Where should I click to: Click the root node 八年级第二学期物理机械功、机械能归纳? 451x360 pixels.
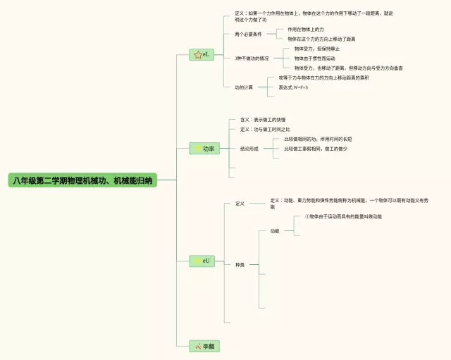point(82,180)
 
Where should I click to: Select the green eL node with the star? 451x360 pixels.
point(202,54)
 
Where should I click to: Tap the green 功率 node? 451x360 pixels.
point(205,149)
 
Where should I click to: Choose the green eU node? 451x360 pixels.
point(202,261)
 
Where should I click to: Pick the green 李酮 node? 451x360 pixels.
point(204,346)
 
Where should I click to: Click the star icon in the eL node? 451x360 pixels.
point(197,54)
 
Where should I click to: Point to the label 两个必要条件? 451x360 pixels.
point(248,34)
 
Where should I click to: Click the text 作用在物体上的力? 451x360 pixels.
point(305,30)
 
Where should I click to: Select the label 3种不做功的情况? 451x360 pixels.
point(252,58)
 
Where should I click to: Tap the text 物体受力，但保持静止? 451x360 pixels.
point(316,49)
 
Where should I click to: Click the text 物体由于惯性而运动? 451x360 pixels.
point(314,58)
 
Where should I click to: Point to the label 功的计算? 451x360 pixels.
point(244,87)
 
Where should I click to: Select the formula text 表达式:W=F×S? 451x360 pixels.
point(293,87)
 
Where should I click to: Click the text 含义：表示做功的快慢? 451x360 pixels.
point(263,120)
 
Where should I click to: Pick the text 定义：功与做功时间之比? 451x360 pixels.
point(265,130)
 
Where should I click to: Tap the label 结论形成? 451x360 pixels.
point(249,149)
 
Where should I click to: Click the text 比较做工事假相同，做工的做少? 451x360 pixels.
point(315,149)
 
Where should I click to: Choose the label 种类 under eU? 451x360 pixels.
point(240,265)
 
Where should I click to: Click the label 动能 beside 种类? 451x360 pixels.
point(275,230)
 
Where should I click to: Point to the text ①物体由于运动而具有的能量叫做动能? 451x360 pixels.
point(343,216)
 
